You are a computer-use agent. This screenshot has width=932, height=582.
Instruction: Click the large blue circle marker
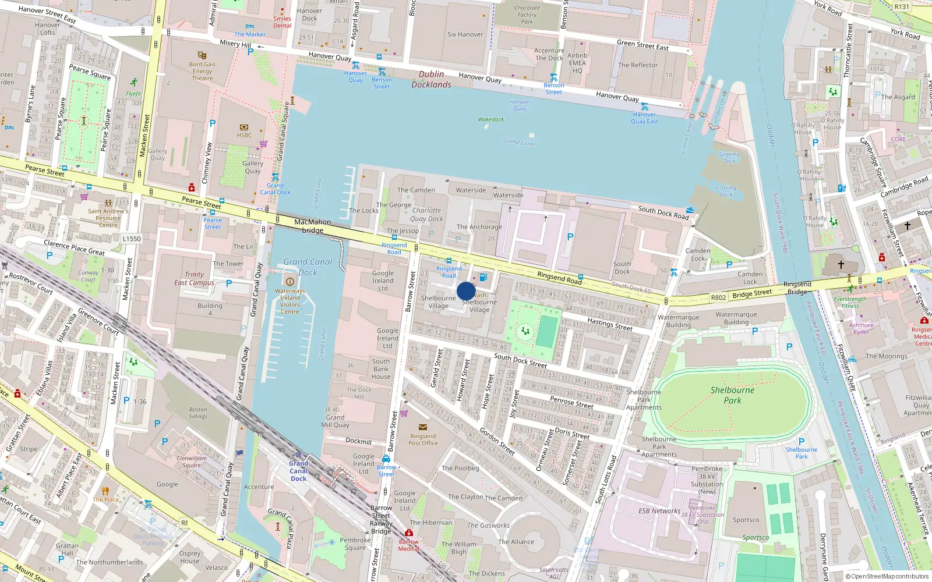pyautogui.click(x=466, y=291)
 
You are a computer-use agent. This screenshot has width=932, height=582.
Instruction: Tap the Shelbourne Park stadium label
pyautogui.click(x=732, y=395)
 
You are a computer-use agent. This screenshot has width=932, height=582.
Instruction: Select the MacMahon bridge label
pyautogui.click(x=312, y=226)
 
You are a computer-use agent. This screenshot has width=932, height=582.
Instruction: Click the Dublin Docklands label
pyautogui.click(x=431, y=79)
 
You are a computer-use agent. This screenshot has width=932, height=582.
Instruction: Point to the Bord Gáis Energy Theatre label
pyautogui.click(x=202, y=71)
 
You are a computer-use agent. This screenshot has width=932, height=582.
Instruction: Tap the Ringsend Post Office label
pyautogui.click(x=423, y=439)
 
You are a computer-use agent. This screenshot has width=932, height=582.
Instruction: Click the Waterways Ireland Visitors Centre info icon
pyautogui.click(x=290, y=282)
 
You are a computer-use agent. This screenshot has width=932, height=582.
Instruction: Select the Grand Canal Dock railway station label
pyautogui.click(x=299, y=471)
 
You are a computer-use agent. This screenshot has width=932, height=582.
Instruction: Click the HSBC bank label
pyautogui.click(x=244, y=135)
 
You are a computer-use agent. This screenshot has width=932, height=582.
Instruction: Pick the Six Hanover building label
pyautogui.click(x=465, y=34)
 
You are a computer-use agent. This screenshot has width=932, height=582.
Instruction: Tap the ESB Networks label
pyautogui.click(x=659, y=511)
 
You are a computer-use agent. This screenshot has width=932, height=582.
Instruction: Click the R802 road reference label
pyautogui.click(x=718, y=297)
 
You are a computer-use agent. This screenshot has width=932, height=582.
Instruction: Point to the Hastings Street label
pyautogui.click(x=609, y=324)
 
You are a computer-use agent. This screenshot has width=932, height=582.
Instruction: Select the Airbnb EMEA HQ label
pyautogui.click(x=577, y=63)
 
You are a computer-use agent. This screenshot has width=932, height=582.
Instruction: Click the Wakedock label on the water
pyautogui.click(x=490, y=119)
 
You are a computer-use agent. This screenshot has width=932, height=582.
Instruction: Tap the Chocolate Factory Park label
pyautogui.click(x=527, y=15)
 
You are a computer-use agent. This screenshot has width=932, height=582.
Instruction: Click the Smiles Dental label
pyautogui.click(x=282, y=22)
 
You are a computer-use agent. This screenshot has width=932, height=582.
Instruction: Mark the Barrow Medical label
pyautogui.click(x=408, y=545)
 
